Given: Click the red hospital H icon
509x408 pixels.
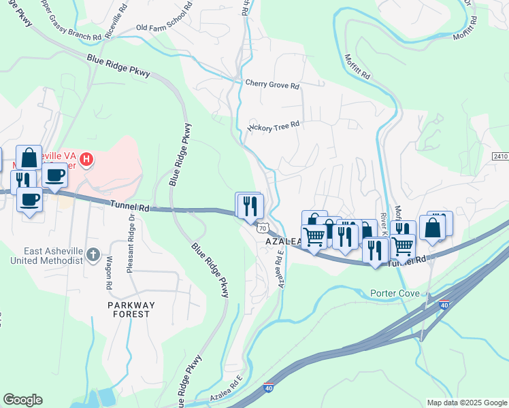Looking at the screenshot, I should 86,160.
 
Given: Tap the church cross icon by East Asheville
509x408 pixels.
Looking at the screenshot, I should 93,256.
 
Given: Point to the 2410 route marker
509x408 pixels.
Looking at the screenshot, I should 500,156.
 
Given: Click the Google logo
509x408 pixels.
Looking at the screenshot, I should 22,400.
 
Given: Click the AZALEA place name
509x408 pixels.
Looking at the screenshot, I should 279,242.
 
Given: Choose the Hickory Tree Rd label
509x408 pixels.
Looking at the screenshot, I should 274,126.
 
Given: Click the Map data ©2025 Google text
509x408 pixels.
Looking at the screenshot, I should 466,403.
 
